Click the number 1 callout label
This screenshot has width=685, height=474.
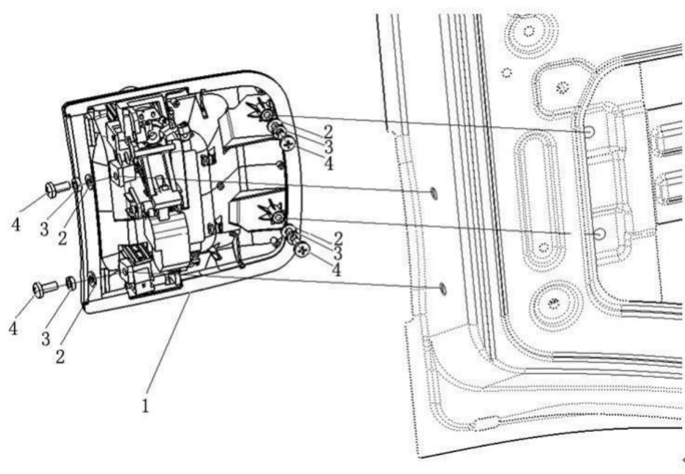tap(145, 406)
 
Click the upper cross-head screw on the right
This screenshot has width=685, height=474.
tap(288, 142)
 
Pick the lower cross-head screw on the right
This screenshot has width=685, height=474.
tap(303, 250)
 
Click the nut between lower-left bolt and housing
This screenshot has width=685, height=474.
tap(70, 284)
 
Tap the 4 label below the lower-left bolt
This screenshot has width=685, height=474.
tap(13, 328)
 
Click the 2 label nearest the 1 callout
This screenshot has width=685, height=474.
tap(60, 355)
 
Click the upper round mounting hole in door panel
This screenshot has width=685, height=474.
tap(590, 132)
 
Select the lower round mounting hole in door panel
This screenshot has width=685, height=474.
tap(599, 233)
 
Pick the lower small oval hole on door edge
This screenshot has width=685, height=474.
tap(443, 286)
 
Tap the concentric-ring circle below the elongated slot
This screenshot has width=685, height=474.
tap(553, 303)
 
